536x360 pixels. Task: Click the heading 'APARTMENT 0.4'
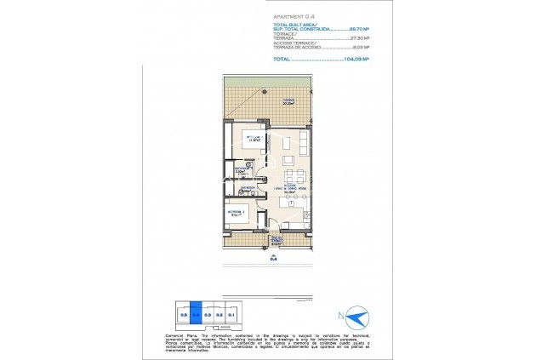pyautogui.click(x=294, y=16)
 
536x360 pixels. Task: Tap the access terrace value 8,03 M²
pyautogui.click(x=363, y=49)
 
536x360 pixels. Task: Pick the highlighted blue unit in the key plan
pyautogui.click(x=195, y=314)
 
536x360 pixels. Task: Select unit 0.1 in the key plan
pyautogui.click(x=231, y=314)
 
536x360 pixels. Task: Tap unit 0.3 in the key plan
pyautogui.click(x=207, y=314)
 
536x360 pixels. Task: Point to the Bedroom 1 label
pyautogui.click(x=253, y=138)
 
